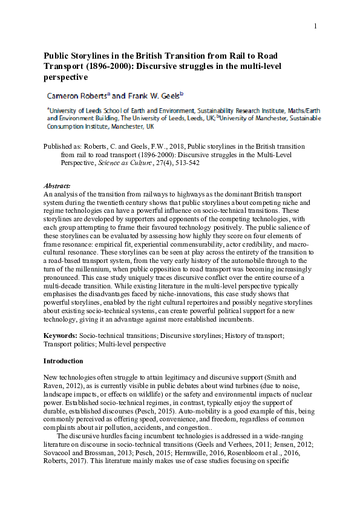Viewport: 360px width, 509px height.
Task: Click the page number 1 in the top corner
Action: pyautogui.click(x=315, y=26)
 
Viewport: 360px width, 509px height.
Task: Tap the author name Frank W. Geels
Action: pyautogui.click(x=154, y=96)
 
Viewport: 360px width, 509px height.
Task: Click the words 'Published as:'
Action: pyautogui.click(x=62, y=146)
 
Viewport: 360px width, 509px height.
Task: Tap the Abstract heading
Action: pyautogui.click(x=57, y=185)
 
